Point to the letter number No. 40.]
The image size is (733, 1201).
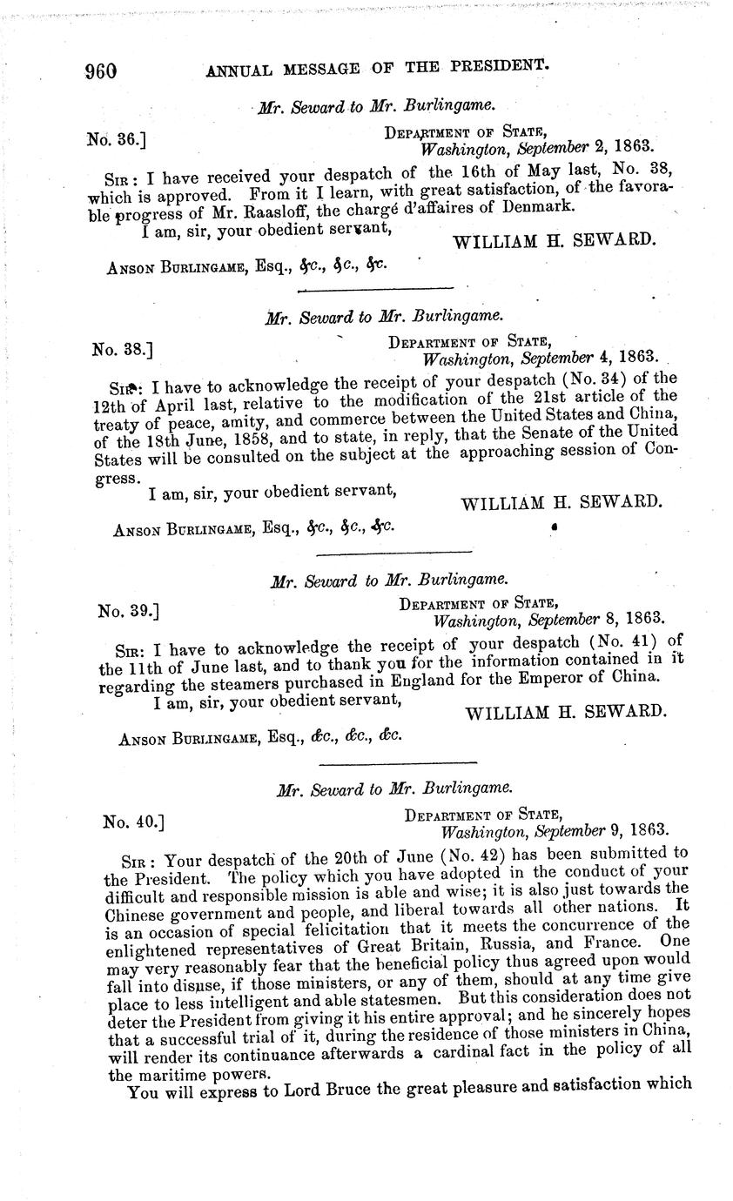133,821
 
